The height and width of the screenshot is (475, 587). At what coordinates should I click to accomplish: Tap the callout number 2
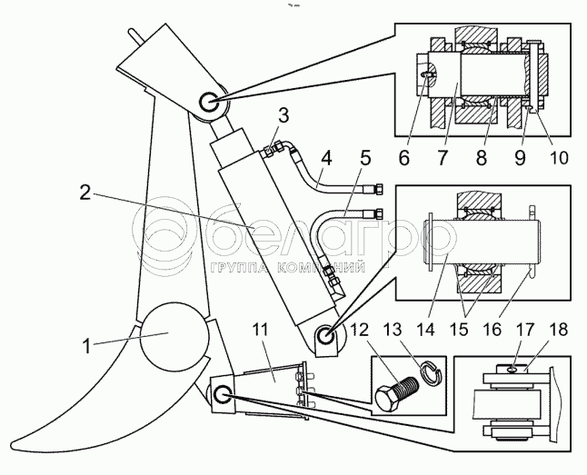[x=85, y=193]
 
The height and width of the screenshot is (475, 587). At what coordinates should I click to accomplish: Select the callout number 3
[x=284, y=115]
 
